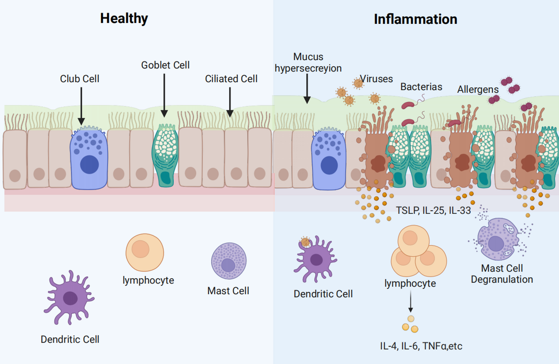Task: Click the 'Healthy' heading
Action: tap(124, 19)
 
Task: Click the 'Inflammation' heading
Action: tap(415, 19)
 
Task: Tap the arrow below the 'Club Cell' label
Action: tap(81, 106)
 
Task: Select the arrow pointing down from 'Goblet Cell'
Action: tap(164, 95)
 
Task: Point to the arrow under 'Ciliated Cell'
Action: tap(230, 102)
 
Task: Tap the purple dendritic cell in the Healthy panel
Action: tap(70, 297)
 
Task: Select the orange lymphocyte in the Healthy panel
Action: tap(145, 252)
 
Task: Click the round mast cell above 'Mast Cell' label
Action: tap(229, 261)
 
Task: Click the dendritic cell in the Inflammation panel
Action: tap(316, 259)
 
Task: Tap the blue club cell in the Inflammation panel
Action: tap(329, 159)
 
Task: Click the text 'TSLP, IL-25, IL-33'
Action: tap(433, 210)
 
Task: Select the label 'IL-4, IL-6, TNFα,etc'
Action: tap(421, 346)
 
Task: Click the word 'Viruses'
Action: tap(376, 79)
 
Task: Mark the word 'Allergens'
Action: tap(478, 90)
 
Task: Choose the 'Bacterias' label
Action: tap(421, 87)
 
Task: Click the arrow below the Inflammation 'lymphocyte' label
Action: tap(410, 301)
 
